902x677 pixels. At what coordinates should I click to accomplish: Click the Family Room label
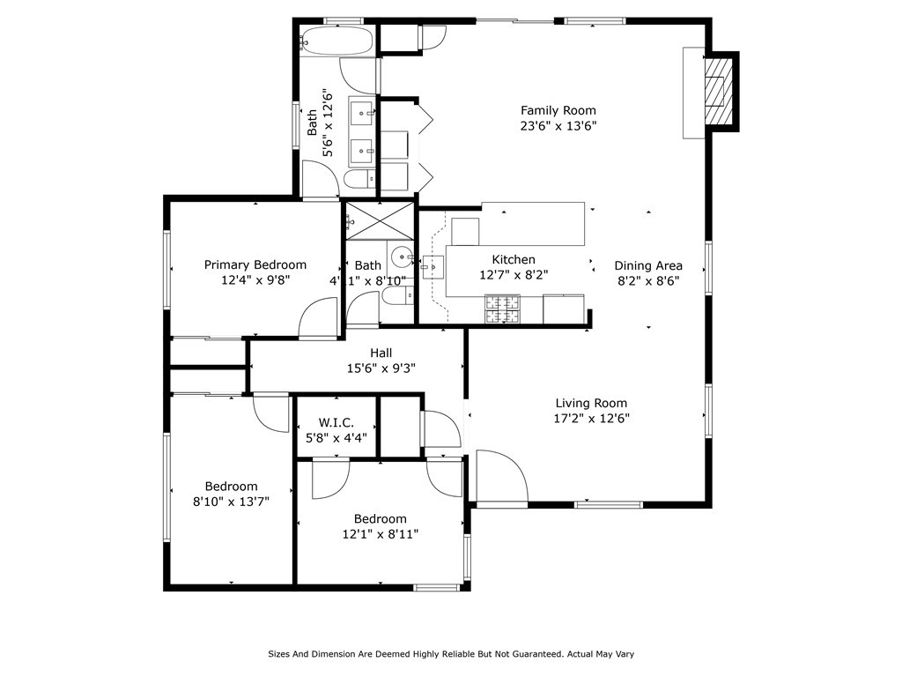pyautogui.click(x=558, y=110)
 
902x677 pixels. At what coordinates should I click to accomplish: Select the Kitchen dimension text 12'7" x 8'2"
pyautogui.click(x=514, y=274)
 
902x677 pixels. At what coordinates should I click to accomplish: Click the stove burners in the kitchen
pyautogui.click(x=501, y=309)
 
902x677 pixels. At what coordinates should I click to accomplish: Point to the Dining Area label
pyautogui.click(x=648, y=265)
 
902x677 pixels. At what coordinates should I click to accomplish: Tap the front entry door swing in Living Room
pyautogui.click(x=500, y=476)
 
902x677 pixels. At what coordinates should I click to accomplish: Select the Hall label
pyautogui.click(x=381, y=353)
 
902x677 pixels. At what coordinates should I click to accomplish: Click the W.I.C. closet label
pyautogui.click(x=336, y=422)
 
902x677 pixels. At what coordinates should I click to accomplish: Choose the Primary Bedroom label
pyautogui.click(x=255, y=264)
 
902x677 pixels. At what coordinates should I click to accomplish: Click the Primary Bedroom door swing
pyautogui.click(x=319, y=319)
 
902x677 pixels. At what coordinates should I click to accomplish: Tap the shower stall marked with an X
pyautogui.click(x=379, y=220)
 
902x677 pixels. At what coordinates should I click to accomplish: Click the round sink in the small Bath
pyautogui.click(x=403, y=258)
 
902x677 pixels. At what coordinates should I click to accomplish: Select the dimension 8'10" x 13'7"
pyautogui.click(x=231, y=501)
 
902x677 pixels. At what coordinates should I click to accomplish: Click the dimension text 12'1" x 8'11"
pyautogui.click(x=381, y=533)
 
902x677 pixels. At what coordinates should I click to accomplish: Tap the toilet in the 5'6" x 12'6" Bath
pyautogui.click(x=357, y=181)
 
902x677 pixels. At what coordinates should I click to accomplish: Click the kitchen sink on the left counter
pyautogui.click(x=433, y=264)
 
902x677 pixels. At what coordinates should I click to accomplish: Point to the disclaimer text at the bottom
pyautogui.click(x=451, y=654)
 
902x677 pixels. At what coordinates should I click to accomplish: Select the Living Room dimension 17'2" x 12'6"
pyautogui.click(x=591, y=419)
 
